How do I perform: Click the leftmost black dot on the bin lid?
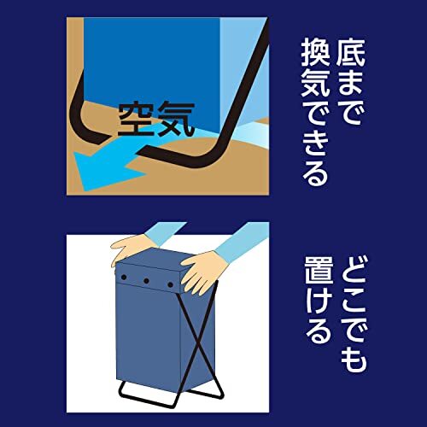point(124,279)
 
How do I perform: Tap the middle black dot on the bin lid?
point(146,280)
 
